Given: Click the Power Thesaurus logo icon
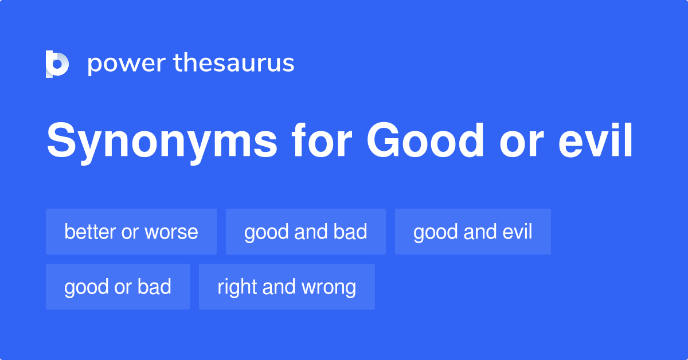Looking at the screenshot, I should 57,64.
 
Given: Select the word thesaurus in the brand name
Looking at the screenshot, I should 234,63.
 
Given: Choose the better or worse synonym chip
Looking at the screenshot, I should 131,232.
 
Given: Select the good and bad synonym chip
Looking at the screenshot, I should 306,232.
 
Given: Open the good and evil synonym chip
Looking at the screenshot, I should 473,232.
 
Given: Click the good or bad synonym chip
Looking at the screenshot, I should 118,287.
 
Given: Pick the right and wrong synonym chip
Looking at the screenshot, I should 287,287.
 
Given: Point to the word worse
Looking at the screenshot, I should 171,232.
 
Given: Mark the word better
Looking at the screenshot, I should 90,232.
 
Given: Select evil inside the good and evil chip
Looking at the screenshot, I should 518,232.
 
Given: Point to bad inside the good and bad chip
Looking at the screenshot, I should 351,232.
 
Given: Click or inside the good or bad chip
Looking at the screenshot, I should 123,287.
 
